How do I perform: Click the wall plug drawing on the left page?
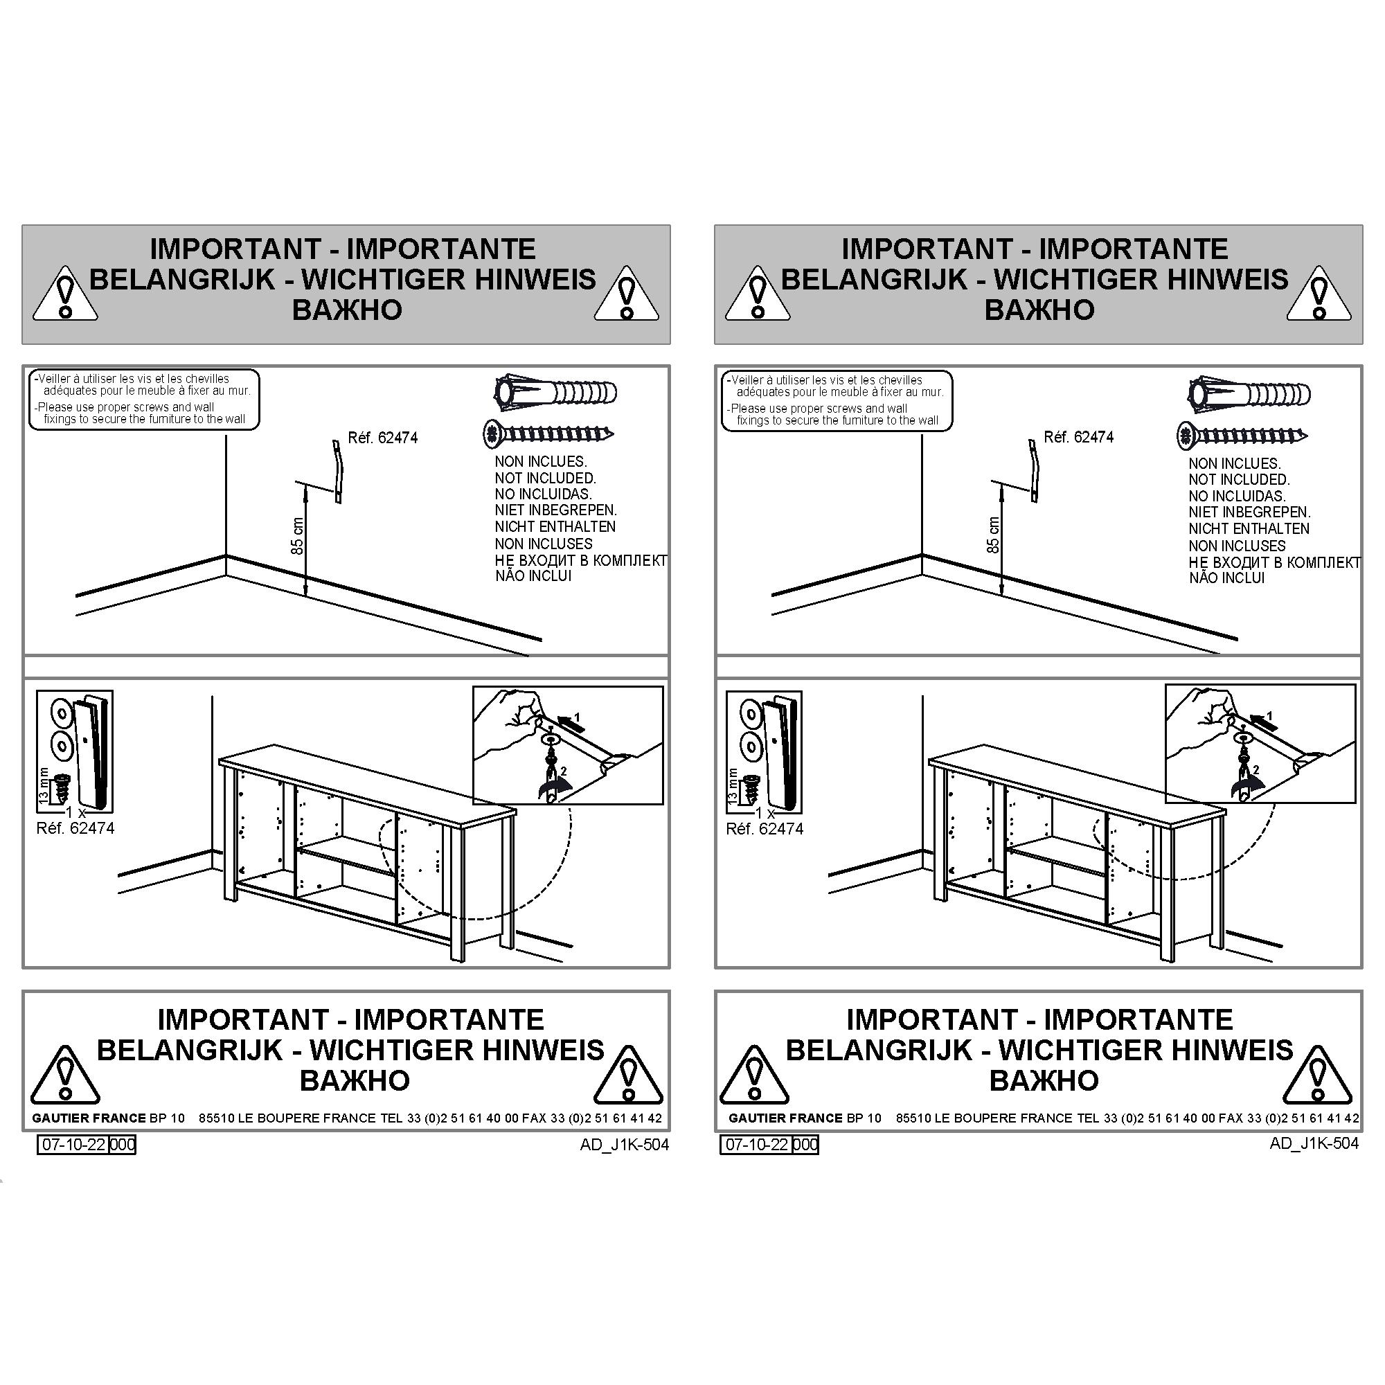click(x=555, y=393)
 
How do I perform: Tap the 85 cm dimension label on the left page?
click(x=298, y=536)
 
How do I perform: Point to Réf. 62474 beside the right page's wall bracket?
click(x=1078, y=437)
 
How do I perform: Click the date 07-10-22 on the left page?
click(x=74, y=1145)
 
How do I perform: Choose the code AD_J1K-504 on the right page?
click(x=1314, y=1144)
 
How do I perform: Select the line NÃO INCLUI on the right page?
click(x=1226, y=578)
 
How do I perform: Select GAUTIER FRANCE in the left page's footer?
click(x=89, y=1118)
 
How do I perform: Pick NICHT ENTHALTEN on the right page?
click(x=1249, y=529)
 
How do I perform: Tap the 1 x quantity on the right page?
click(x=766, y=814)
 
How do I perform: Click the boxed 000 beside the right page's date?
click(x=806, y=1145)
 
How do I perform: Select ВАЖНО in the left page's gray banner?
click(x=347, y=310)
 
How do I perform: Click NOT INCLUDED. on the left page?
click(x=545, y=478)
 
